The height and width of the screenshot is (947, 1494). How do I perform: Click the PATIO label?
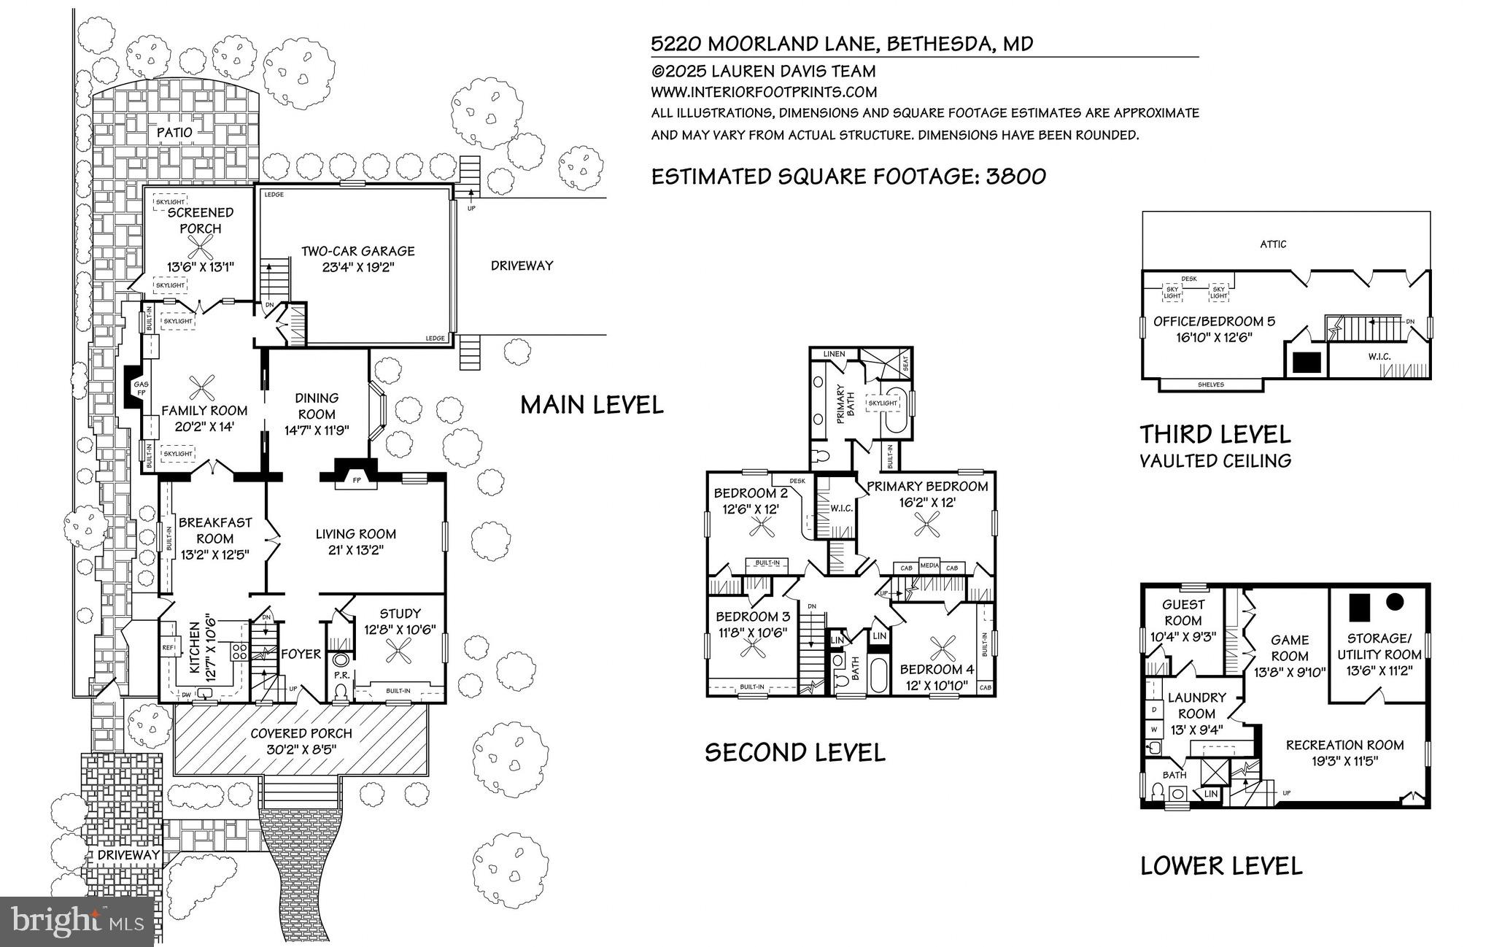[x=175, y=132]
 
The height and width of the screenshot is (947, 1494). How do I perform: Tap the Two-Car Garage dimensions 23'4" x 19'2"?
[x=357, y=267]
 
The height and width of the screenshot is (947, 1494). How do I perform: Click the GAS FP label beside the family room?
[x=140, y=388]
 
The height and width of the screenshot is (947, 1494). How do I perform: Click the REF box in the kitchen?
[x=168, y=647]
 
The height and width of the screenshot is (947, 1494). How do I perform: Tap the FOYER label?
[x=301, y=654]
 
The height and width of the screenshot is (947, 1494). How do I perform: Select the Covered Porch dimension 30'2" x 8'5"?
[x=301, y=749]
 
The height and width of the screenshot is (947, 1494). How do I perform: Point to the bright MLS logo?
[x=77, y=921]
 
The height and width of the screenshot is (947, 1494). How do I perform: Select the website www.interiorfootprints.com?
[x=764, y=92]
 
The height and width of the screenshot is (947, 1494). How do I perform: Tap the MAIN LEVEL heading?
[x=592, y=404]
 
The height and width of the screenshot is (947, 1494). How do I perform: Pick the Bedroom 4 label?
[x=937, y=669]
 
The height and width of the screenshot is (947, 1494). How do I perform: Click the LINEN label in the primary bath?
[x=834, y=354]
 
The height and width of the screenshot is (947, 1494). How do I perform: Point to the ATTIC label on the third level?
[x=1273, y=244]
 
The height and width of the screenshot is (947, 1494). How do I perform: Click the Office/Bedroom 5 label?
[x=1214, y=321]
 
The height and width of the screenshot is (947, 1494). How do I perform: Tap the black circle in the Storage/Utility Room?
[x=1395, y=602]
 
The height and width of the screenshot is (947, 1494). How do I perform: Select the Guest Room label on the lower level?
[x=1183, y=612]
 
